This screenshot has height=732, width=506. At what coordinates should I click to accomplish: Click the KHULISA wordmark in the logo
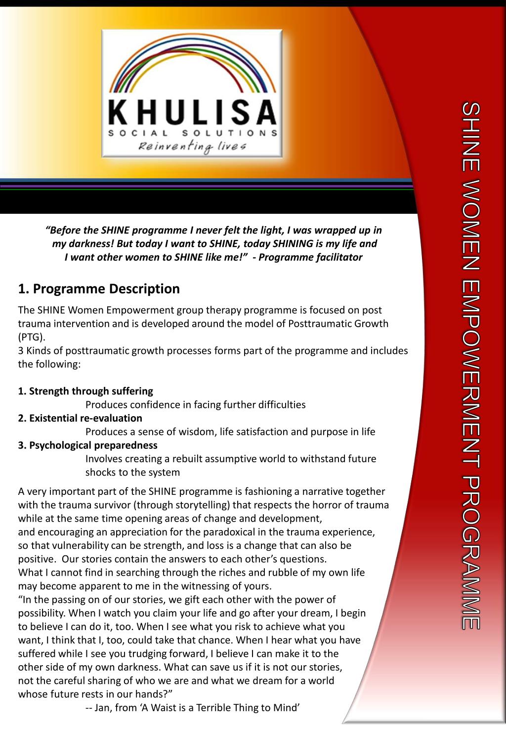click(x=192, y=113)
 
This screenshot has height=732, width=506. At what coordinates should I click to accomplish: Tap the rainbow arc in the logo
click(x=192, y=59)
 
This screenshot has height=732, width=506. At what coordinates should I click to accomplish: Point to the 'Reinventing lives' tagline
click(x=192, y=146)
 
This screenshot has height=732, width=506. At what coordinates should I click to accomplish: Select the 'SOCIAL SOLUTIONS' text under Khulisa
click(x=192, y=133)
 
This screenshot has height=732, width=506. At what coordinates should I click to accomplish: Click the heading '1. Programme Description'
click(x=99, y=289)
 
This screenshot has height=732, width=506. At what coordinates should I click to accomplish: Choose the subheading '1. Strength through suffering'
click(x=85, y=391)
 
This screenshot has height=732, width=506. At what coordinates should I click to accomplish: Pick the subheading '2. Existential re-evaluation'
click(x=80, y=418)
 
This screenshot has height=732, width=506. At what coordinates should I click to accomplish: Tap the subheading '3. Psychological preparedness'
click(x=88, y=445)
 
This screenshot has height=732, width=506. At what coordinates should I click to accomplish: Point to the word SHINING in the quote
click(x=294, y=244)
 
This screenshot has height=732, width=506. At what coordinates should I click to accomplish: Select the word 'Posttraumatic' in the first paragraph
click(x=324, y=324)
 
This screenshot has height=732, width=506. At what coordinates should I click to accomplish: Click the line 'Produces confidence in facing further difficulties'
click(x=195, y=405)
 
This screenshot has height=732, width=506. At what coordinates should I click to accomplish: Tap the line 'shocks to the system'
click(x=132, y=472)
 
